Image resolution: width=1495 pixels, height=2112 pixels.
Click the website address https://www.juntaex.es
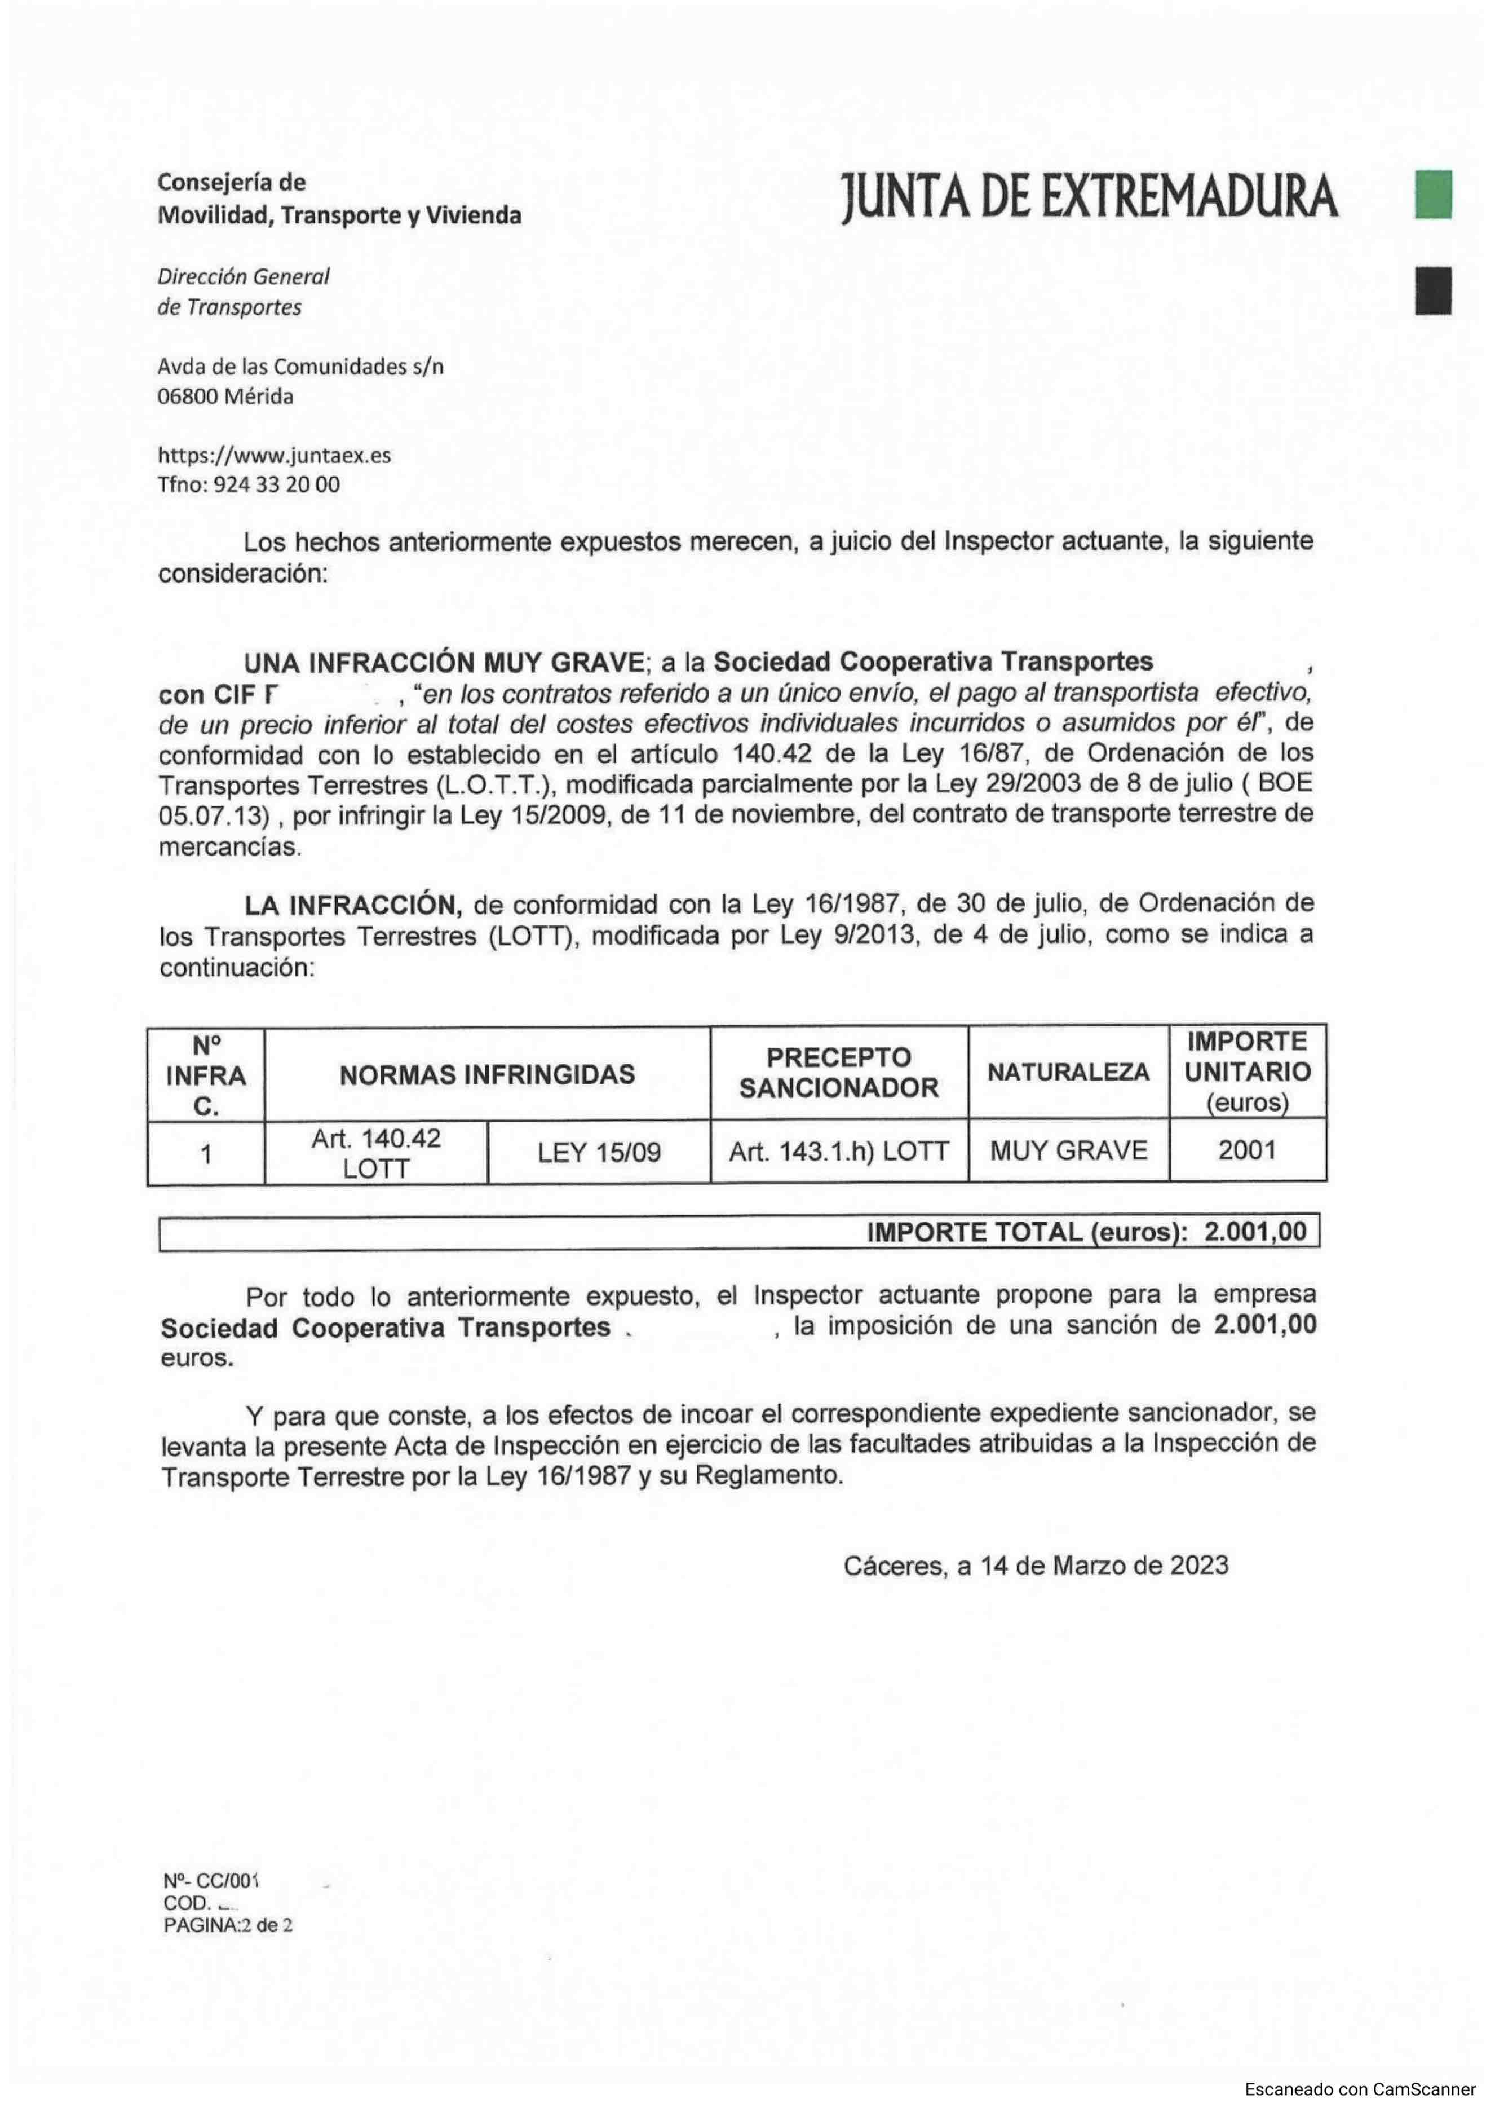275,455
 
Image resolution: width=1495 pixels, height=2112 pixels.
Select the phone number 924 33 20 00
276,484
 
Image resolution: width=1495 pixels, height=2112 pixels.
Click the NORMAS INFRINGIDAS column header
487,1074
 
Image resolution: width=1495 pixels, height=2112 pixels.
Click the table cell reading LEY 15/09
599,1153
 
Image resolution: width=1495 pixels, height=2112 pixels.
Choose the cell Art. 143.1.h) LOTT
839,1151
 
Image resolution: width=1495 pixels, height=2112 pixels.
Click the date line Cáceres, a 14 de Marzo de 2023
1036,1566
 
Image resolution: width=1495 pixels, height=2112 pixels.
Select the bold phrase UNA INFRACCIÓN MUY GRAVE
444,662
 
